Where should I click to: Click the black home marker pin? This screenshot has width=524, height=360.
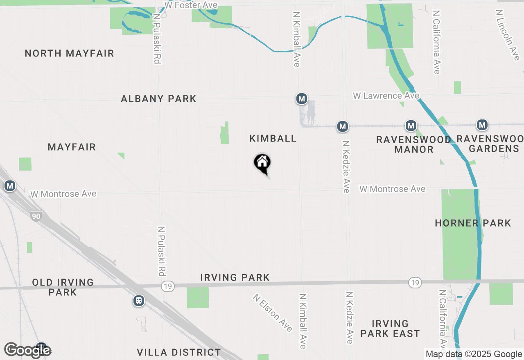tap(262, 163)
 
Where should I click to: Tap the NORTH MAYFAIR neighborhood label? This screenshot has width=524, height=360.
tap(69, 54)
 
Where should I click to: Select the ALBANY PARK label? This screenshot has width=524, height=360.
tap(158, 99)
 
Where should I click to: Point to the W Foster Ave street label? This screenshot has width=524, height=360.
tap(191, 5)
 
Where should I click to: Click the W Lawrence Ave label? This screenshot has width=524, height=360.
tap(386, 96)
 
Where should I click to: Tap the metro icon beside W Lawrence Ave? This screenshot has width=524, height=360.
tap(302, 99)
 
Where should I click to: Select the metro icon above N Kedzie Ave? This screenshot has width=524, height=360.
tap(343, 126)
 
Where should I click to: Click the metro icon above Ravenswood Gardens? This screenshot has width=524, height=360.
tap(482, 125)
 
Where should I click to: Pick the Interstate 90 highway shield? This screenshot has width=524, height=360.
tap(36, 216)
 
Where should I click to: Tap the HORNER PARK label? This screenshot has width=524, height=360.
tap(473, 223)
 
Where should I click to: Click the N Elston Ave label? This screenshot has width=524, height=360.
tap(272, 313)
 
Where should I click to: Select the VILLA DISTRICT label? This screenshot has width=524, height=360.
tap(179, 352)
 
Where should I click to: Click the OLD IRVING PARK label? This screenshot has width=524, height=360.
tap(63, 287)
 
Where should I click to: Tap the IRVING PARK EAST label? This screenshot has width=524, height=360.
tap(390, 328)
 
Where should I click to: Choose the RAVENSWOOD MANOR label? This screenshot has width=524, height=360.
tap(413, 144)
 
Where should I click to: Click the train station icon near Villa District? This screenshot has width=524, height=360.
tap(139, 301)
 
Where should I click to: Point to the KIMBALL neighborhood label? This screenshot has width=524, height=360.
tap(273, 138)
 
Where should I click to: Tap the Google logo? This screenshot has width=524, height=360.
tap(28, 350)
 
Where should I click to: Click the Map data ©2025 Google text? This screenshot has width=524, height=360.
tap(474, 354)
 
